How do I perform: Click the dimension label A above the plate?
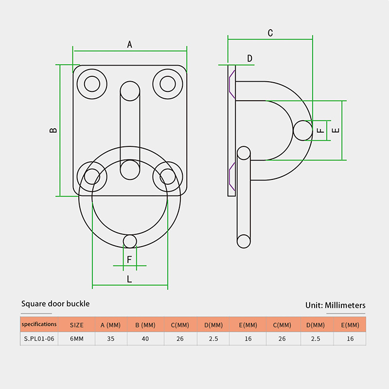(x=130, y=45)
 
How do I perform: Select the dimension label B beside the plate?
(x=53, y=130)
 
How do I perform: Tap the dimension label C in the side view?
(x=270, y=33)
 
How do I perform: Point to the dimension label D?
(x=250, y=59)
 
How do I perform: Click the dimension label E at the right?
(x=335, y=130)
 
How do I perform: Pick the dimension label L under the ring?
(x=129, y=279)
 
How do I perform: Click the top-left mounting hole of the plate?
(x=92, y=84)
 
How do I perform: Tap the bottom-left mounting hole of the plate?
(x=92, y=176)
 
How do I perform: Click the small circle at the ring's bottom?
(x=130, y=241)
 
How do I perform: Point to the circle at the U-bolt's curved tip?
(x=302, y=130)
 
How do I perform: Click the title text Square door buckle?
(x=55, y=304)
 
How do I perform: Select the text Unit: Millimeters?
(x=336, y=305)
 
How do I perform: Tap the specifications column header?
(x=39, y=324)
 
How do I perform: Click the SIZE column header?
(x=77, y=325)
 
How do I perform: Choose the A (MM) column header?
(x=110, y=325)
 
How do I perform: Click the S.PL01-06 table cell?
(x=39, y=338)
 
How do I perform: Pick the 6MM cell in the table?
(x=77, y=339)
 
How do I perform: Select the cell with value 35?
(x=110, y=339)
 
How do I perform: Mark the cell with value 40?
(x=145, y=339)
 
